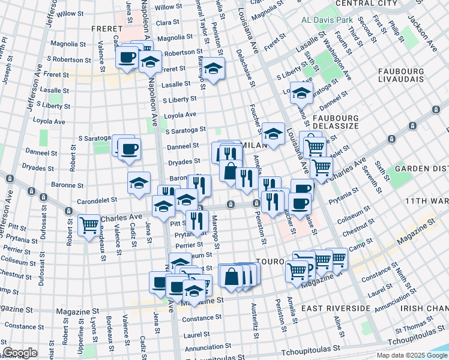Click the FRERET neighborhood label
click(x=107, y=29)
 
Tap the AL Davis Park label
click(x=327, y=20)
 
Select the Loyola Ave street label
click(x=179, y=114)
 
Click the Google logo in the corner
click(x=20, y=353)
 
